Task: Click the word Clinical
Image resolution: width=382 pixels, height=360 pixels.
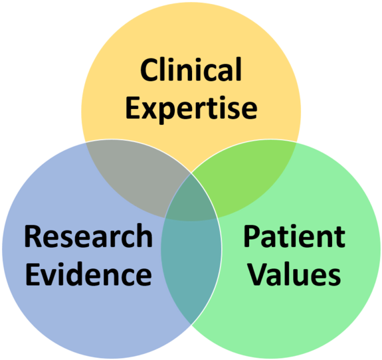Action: point(191,70)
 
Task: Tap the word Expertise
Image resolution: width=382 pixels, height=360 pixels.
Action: point(191,110)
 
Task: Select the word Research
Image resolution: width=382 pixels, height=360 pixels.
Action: point(88,236)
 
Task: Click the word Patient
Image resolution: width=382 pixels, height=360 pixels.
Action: point(294,236)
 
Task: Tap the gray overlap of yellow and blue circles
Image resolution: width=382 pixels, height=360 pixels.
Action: point(136,175)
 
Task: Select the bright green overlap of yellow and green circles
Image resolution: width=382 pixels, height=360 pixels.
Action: point(246,175)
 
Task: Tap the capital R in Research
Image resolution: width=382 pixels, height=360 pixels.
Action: point(33,236)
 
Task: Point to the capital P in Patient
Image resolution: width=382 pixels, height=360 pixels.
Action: point(252,236)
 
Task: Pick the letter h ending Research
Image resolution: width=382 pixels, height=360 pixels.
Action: point(144,236)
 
